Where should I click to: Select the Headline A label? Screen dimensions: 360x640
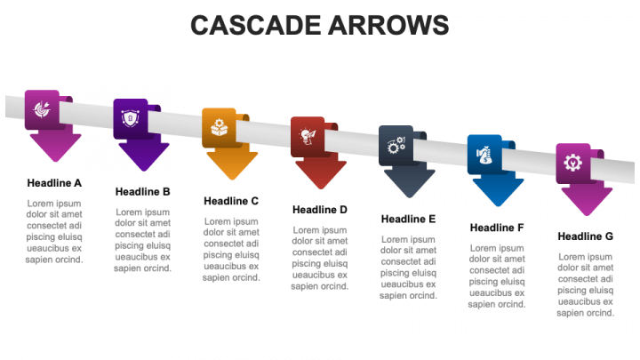click(x=54, y=183)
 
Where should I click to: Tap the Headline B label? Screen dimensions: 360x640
click(x=142, y=191)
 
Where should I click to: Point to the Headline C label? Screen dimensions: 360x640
click(x=231, y=201)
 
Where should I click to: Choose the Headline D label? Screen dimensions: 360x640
click(x=320, y=210)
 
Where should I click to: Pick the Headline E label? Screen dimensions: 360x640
click(x=408, y=219)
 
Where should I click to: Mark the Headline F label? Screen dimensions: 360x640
click(x=497, y=228)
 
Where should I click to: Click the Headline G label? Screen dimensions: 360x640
click(x=586, y=236)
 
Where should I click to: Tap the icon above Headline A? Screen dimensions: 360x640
click(x=42, y=109)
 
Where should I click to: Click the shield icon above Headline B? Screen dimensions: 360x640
click(x=130, y=118)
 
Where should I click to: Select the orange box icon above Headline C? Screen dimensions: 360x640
click(x=219, y=128)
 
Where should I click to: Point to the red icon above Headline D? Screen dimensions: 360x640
click(x=308, y=136)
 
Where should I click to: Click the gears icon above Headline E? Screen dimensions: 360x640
click(x=396, y=145)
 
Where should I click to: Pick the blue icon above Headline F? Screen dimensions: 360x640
click(x=484, y=154)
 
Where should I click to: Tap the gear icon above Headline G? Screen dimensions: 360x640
click(x=573, y=163)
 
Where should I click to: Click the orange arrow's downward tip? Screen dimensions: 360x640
click(x=231, y=176)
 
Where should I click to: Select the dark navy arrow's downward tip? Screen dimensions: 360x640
click(x=409, y=194)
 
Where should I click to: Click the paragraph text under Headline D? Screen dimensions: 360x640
click(x=320, y=258)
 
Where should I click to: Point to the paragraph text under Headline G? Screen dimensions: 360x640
click(x=586, y=284)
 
